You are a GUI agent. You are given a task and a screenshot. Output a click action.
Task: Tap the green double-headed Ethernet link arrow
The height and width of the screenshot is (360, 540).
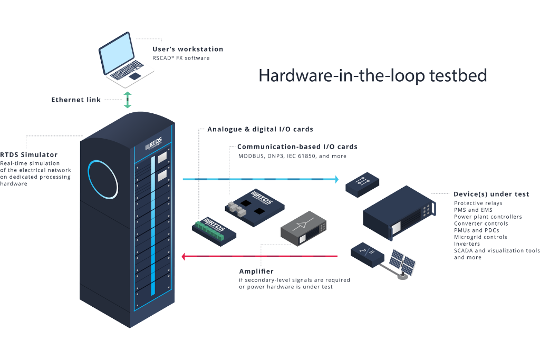tap(127, 100)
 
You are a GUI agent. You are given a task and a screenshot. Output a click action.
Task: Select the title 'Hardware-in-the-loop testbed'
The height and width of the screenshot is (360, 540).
tap(372, 75)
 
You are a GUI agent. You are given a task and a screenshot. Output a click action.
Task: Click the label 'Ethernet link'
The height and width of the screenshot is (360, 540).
tap(76, 100)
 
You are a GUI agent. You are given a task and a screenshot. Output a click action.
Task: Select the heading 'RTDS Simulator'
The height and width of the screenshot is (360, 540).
tap(30, 154)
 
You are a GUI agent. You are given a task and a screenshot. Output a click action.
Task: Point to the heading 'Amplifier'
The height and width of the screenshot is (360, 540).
tap(256, 271)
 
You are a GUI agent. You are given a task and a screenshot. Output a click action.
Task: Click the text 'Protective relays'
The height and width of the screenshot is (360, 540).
tap(478, 203)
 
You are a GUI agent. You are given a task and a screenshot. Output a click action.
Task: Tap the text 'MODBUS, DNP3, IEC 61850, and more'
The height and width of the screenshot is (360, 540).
tap(292, 156)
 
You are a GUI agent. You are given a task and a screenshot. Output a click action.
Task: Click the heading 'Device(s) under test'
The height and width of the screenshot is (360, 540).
tap(491, 194)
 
